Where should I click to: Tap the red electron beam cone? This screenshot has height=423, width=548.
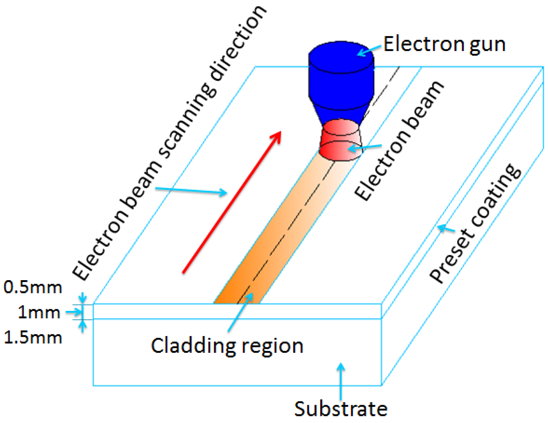pyautogui.click(x=339, y=141)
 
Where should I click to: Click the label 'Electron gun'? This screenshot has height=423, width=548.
pyautogui.click(x=444, y=44)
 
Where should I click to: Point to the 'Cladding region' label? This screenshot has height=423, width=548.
pyautogui.click(x=227, y=346)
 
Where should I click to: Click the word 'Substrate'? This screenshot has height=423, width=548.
pyautogui.click(x=341, y=408)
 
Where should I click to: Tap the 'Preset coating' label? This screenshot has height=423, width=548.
pyautogui.click(x=475, y=224)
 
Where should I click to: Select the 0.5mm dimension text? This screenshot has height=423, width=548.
pyautogui.click(x=33, y=287)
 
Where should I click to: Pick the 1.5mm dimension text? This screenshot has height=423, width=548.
pyautogui.click(x=33, y=337)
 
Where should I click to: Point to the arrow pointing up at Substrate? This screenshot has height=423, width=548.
pyautogui.click(x=341, y=381)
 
